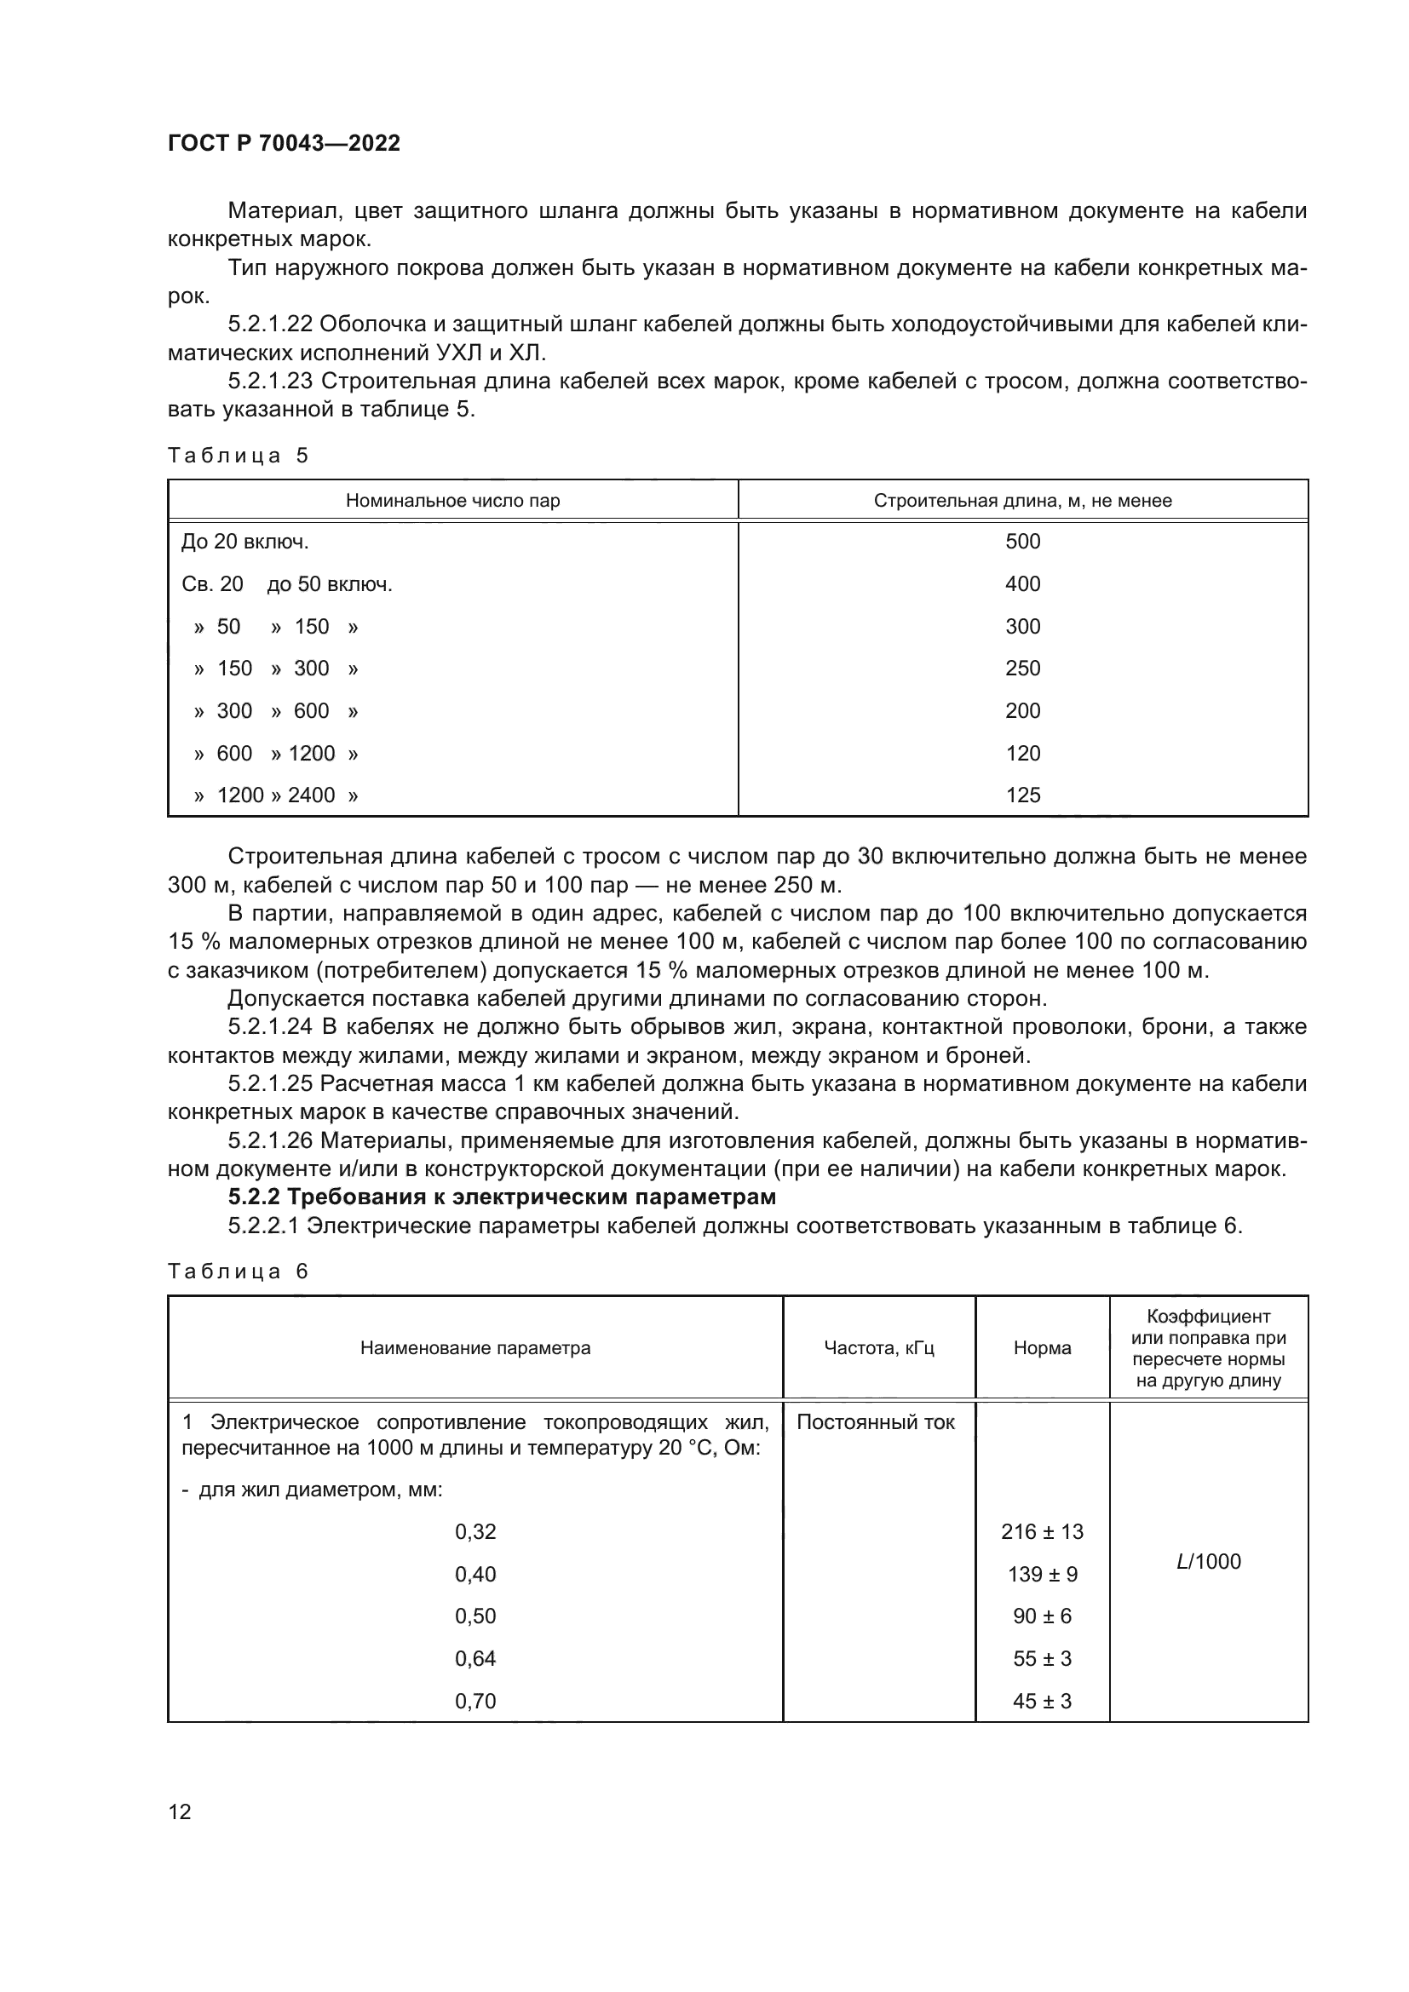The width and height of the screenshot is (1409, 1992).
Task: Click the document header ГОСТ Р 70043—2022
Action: (284, 143)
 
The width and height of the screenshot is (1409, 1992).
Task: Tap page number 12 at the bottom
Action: (180, 1811)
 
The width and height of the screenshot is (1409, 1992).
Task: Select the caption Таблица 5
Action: (238, 456)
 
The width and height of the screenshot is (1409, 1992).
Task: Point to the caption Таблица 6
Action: (238, 1271)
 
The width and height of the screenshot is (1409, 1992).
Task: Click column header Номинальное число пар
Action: (452, 501)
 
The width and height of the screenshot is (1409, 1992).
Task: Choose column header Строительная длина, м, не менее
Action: (1022, 501)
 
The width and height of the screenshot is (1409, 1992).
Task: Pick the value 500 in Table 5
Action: (1022, 542)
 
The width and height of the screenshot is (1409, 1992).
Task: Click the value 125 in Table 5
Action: (1022, 795)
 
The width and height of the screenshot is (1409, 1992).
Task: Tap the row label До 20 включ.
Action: (245, 542)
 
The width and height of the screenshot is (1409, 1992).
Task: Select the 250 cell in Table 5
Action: (1022, 668)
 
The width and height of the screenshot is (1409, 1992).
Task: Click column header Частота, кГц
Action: (878, 1347)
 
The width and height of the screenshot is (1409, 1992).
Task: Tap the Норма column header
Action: (1042, 1347)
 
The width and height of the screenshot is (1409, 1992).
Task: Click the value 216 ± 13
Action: (1042, 1531)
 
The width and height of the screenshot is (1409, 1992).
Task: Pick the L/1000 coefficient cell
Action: (1208, 1561)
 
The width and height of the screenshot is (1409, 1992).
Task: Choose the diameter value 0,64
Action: (475, 1658)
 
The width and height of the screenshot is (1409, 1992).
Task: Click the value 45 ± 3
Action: (1042, 1701)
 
